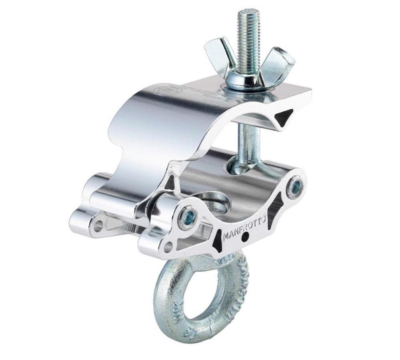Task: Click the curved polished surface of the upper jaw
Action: click(x=146, y=117)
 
